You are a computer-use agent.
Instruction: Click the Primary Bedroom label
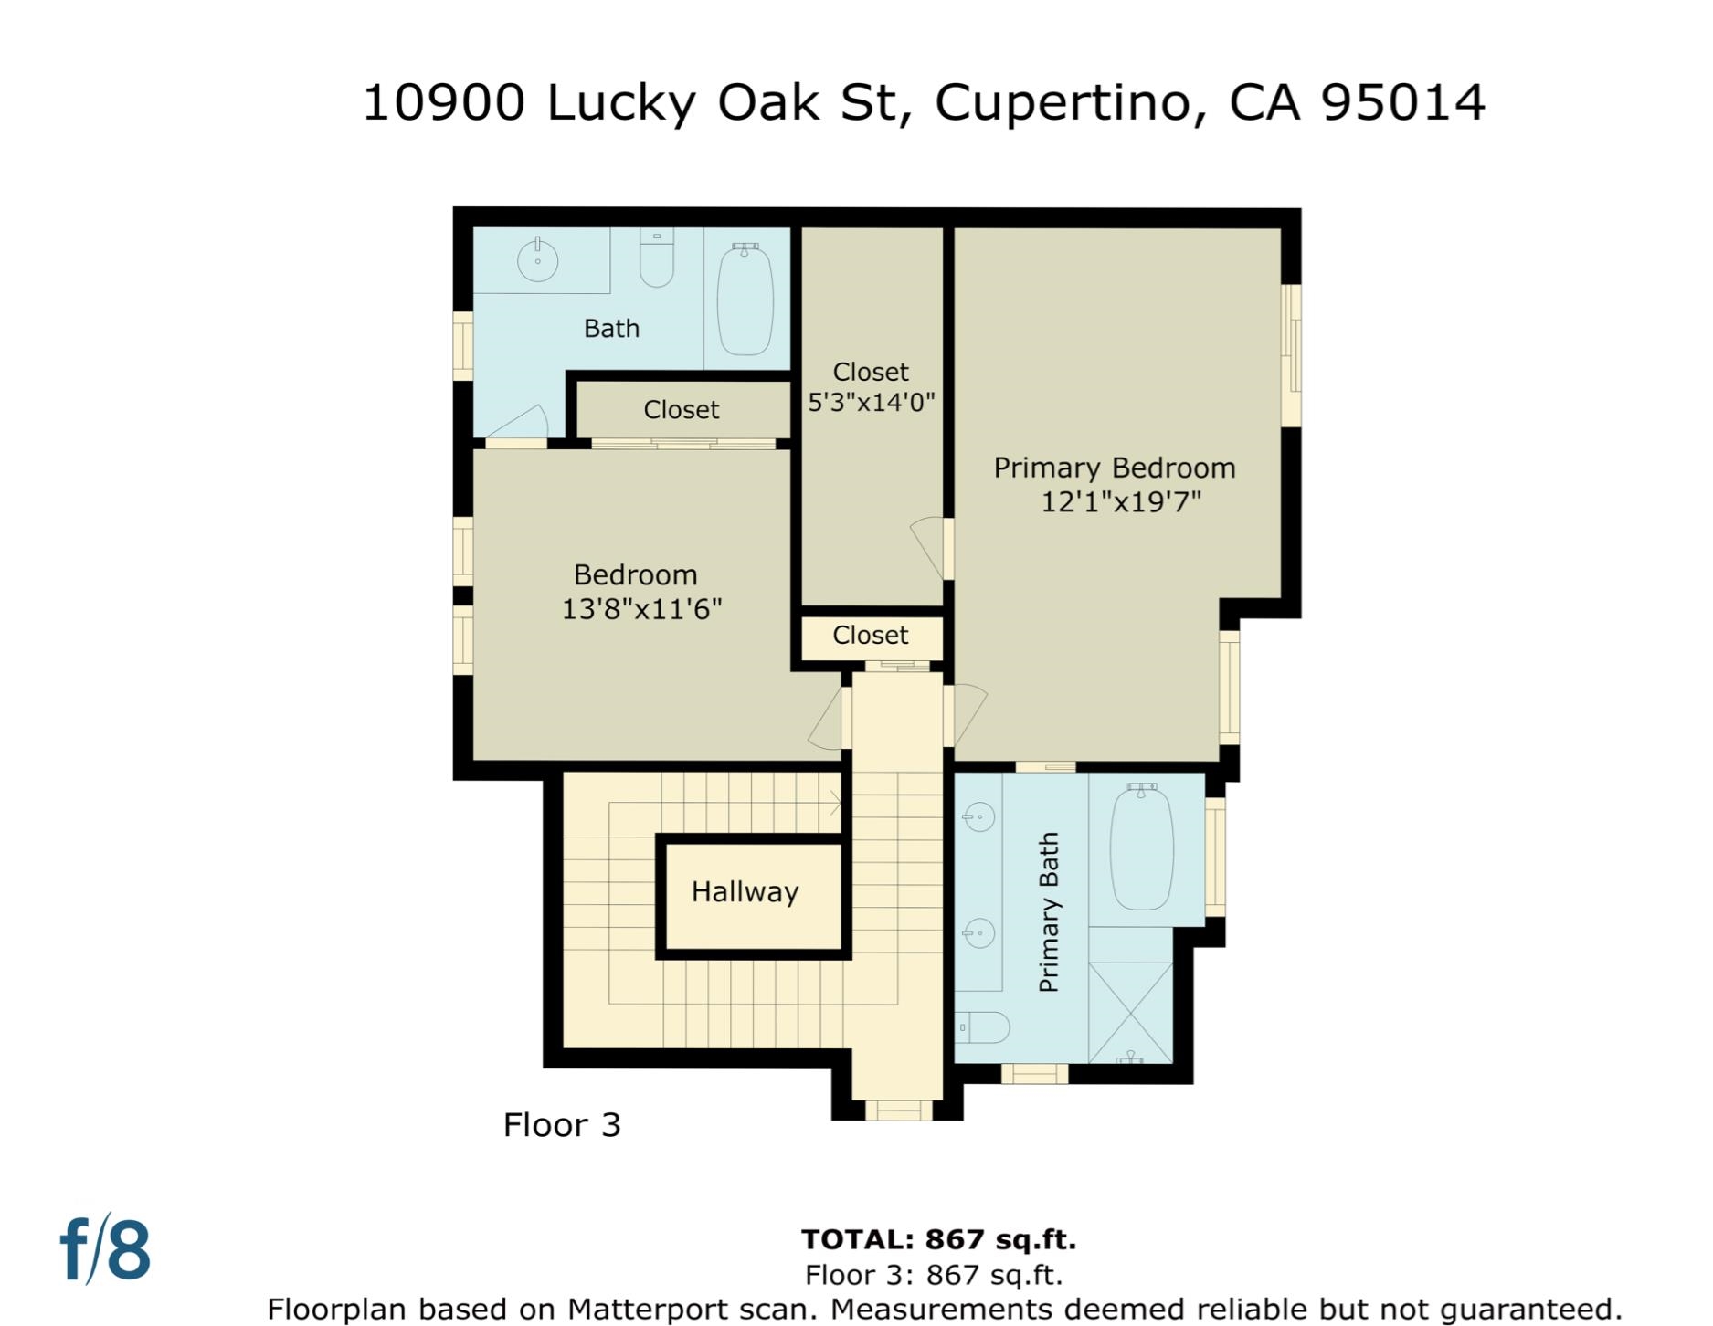point(1114,468)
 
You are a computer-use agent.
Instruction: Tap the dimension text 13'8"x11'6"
point(641,609)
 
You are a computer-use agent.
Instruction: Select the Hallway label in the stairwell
point(745,892)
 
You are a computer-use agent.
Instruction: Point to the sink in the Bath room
point(538,260)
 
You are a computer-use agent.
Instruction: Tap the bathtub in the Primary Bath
point(1141,847)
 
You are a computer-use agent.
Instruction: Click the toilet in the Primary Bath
point(982,1027)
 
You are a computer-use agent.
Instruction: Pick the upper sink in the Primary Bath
point(978,816)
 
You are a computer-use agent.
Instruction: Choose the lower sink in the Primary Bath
point(978,933)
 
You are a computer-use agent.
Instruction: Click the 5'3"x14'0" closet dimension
point(871,403)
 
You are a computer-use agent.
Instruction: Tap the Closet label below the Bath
point(681,410)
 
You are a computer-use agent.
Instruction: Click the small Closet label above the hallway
point(870,636)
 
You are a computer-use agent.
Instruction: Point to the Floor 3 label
point(562,1125)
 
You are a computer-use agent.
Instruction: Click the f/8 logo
point(105,1249)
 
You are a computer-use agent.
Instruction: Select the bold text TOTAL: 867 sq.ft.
point(938,1240)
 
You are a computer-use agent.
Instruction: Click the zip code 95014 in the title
point(1402,102)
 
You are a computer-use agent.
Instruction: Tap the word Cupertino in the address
point(1063,102)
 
